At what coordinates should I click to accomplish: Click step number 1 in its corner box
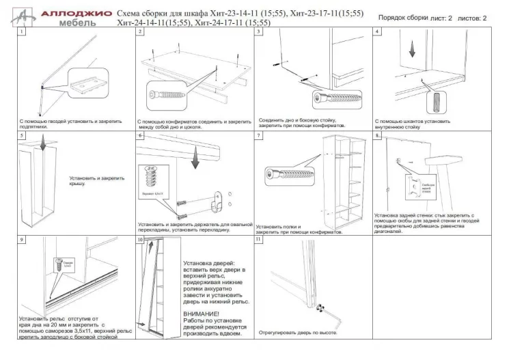tap(22, 32)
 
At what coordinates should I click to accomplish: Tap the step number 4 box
tap(377, 32)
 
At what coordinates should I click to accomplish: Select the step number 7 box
tap(259, 136)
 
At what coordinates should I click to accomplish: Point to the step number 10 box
tap(140, 240)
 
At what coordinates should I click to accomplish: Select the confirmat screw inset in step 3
tap(335, 99)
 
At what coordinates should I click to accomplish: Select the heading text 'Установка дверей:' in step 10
tap(209, 263)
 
